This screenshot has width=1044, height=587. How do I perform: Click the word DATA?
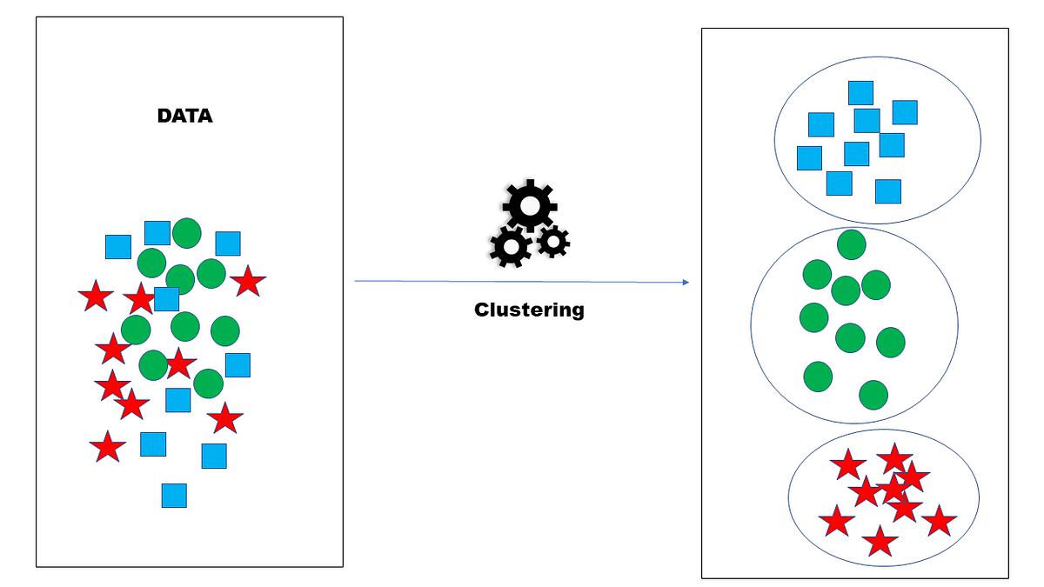(x=184, y=116)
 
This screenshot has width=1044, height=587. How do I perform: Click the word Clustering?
(x=529, y=310)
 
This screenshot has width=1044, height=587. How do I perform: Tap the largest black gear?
(x=529, y=205)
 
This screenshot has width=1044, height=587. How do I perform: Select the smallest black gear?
(x=553, y=241)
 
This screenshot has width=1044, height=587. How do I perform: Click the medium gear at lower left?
(x=510, y=247)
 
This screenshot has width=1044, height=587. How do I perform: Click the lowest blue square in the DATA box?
(x=174, y=495)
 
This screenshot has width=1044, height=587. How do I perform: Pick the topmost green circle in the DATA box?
(x=186, y=233)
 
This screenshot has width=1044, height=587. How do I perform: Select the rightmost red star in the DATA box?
(x=248, y=281)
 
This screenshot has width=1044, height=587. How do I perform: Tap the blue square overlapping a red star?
(x=167, y=299)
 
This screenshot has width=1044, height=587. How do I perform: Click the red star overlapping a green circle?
(x=179, y=364)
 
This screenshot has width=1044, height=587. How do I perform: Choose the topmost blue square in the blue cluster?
(x=860, y=93)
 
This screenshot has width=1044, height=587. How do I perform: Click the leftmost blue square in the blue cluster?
(x=809, y=158)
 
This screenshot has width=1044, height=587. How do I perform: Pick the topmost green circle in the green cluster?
(x=851, y=244)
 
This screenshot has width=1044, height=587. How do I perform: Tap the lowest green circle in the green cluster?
(x=873, y=395)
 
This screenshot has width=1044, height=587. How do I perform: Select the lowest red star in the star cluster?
(x=880, y=542)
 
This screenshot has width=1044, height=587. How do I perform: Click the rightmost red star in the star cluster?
(x=939, y=521)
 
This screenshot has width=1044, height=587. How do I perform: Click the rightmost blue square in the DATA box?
(x=238, y=365)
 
